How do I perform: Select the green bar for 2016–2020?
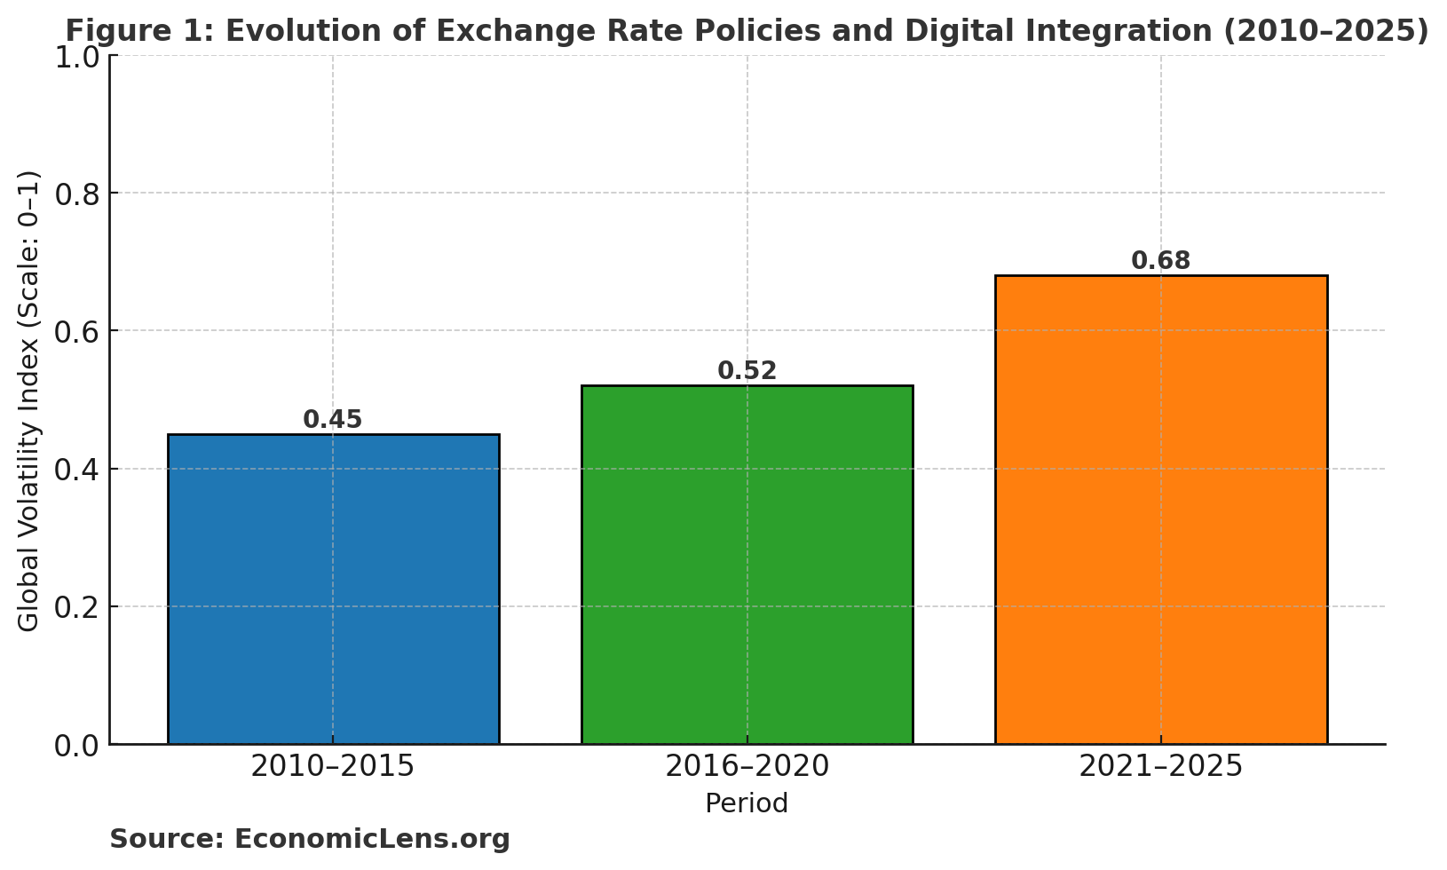747,565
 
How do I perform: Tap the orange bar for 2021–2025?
1160,510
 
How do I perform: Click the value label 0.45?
333,420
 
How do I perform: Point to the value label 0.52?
747,371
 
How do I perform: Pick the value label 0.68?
1160,262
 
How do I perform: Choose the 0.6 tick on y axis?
77,332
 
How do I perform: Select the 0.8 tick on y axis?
77,194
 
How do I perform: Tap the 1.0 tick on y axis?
77,58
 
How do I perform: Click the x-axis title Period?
747,804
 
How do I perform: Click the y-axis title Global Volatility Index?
29,400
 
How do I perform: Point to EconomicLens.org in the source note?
372,839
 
